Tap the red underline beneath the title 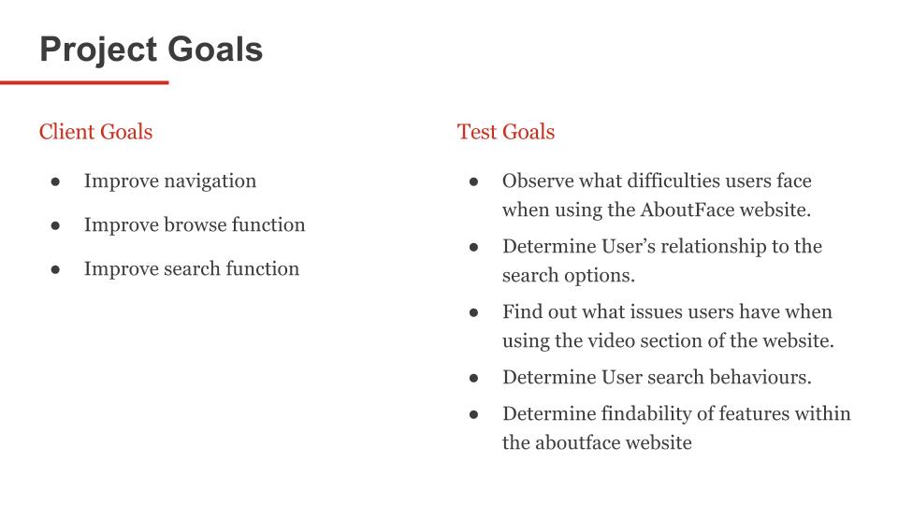(84, 82)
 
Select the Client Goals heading (95, 132)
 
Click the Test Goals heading (506, 132)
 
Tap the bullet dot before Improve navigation (55, 182)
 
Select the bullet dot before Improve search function (55, 269)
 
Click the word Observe (538, 180)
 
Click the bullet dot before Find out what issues (473, 312)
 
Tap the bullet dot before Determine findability (473, 414)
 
